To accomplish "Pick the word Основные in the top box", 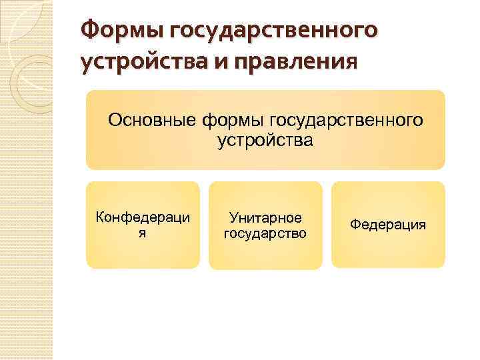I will coord(151,121).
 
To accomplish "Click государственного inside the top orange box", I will coord(346,121).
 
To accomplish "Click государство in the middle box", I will coord(265,233).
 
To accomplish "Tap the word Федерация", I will coord(388,225).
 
